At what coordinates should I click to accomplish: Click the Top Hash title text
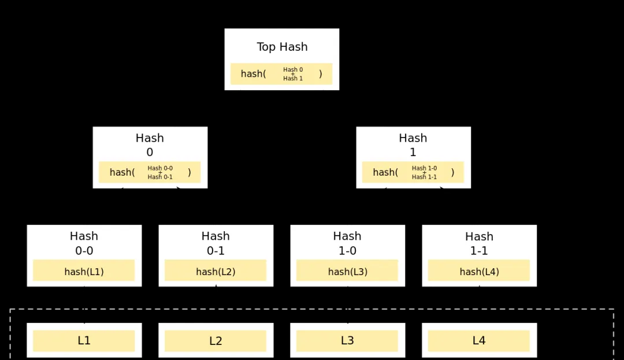coord(282,47)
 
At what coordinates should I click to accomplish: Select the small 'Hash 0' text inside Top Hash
coord(293,69)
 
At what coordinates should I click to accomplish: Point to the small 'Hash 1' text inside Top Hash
coord(293,79)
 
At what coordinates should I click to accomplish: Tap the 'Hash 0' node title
coord(150,145)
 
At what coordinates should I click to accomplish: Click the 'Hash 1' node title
coord(413,145)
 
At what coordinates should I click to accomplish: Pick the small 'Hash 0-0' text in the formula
coord(160,168)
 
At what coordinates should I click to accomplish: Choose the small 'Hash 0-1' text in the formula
coord(160,177)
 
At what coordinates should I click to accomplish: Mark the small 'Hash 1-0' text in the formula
coord(424,168)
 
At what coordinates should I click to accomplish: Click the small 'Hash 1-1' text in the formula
coord(424,177)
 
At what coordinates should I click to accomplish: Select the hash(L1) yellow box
coord(84,270)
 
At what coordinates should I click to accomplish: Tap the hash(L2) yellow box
coord(216,270)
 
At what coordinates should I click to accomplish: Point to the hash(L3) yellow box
coord(347,270)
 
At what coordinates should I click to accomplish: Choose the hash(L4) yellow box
coord(479,270)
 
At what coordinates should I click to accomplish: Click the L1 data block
coord(84,340)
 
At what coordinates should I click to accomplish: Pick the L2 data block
coord(216,340)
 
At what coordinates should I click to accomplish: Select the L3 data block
coord(347,340)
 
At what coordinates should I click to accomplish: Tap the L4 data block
coord(479,340)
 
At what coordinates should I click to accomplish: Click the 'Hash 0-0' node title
coord(84,243)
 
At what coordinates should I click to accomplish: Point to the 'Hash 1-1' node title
coord(479,243)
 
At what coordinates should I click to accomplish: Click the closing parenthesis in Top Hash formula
coord(320,74)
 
